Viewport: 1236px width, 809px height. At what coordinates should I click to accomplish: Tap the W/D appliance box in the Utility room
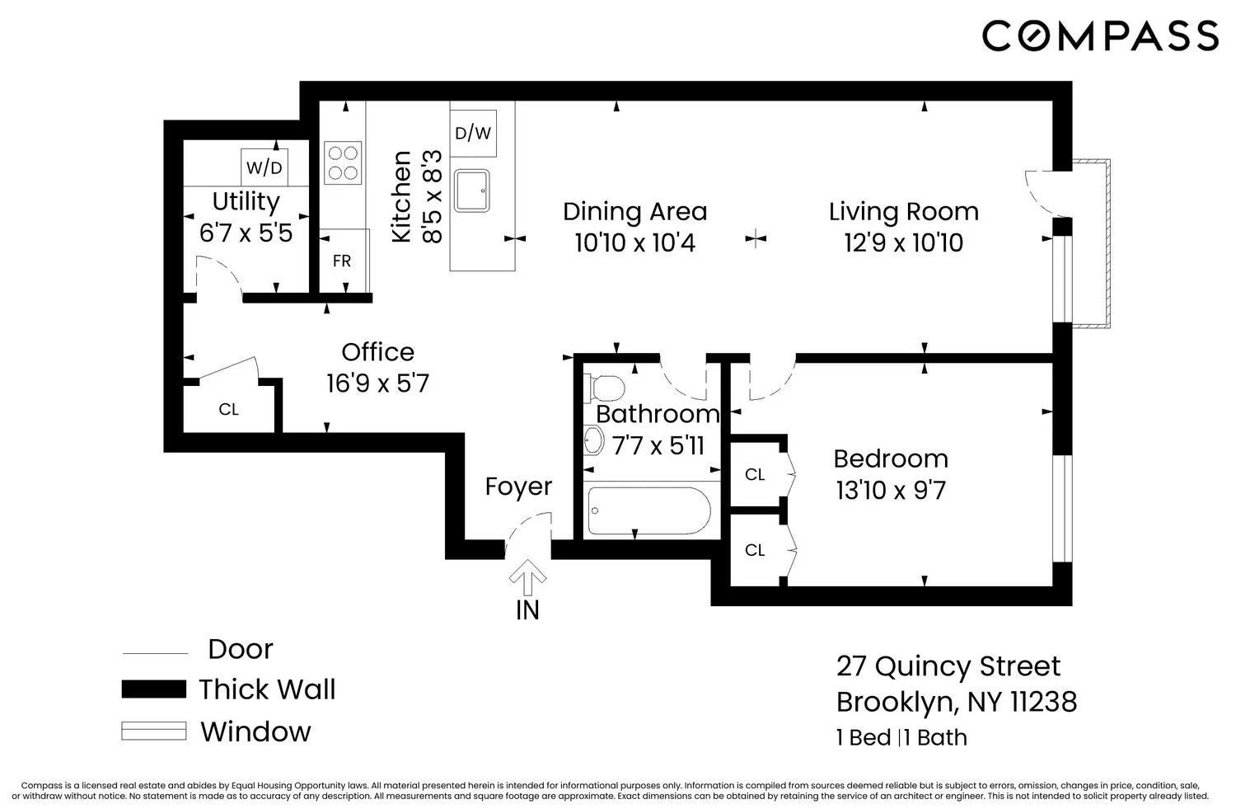pyautogui.click(x=264, y=167)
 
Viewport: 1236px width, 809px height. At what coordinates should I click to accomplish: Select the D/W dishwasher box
pyautogui.click(x=473, y=133)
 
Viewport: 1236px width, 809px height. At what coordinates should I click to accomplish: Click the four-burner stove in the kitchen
pyautogui.click(x=342, y=162)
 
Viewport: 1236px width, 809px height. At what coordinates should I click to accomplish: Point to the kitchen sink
pyautogui.click(x=471, y=190)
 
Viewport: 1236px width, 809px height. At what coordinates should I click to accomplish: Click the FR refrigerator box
pyautogui.click(x=342, y=261)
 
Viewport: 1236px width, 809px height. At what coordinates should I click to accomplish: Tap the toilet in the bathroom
pyautogui.click(x=605, y=387)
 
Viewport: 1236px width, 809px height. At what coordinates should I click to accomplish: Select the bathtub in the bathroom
pyautogui.click(x=649, y=510)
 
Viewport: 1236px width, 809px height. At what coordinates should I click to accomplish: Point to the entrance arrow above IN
pyautogui.click(x=527, y=577)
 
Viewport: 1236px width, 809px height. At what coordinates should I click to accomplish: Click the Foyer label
pyautogui.click(x=518, y=487)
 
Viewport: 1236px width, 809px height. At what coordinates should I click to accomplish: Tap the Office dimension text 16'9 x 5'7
pyautogui.click(x=377, y=383)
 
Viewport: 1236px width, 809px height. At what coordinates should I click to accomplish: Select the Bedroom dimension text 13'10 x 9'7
pyautogui.click(x=891, y=491)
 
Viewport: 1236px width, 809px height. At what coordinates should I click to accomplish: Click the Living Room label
pyautogui.click(x=903, y=212)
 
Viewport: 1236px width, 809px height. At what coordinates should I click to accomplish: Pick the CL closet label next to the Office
pyautogui.click(x=228, y=409)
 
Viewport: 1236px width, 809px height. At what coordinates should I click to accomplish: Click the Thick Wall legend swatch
pyautogui.click(x=153, y=689)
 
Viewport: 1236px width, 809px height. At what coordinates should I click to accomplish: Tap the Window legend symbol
pyautogui.click(x=153, y=731)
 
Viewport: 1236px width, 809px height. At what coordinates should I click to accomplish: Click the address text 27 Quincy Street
pyautogui.click(x=948, y=666)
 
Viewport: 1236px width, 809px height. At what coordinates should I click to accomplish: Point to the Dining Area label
pyautogui.click(x=634, y=212)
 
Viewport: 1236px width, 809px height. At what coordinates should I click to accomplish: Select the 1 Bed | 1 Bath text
pyautogui.click(x=901, y=737)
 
